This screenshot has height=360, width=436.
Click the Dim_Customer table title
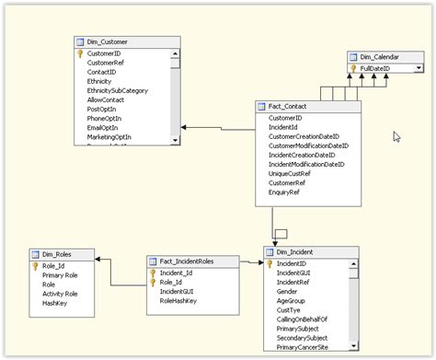107,41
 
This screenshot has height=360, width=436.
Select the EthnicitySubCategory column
117,90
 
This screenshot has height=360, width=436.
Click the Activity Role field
60,294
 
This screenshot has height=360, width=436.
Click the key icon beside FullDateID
353,68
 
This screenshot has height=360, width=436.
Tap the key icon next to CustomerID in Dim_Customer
80,54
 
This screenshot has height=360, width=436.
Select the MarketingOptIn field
109,136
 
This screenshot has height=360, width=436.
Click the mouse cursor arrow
396,136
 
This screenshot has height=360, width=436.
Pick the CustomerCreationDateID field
307,136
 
